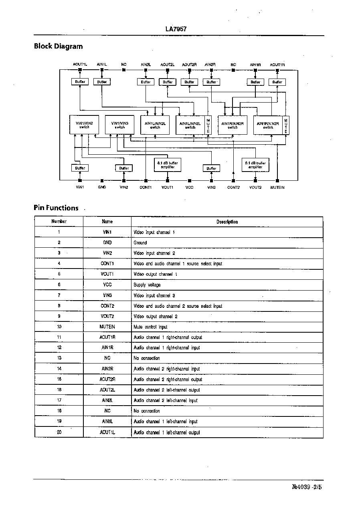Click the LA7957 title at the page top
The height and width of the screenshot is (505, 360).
pos(176,29)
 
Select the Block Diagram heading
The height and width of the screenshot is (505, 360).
pos(58,46)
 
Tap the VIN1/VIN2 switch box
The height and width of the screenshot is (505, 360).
pos(84,125)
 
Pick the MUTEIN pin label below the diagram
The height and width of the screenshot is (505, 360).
pos(277,187)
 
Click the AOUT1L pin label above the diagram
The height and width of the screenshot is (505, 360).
pos(80,64)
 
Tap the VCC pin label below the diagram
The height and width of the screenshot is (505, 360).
pos(190,187)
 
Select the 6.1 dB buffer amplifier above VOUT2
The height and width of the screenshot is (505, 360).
pos(255,165)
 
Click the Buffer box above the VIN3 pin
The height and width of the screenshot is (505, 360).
pos(211,168)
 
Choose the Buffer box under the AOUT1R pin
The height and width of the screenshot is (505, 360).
pos(277,82)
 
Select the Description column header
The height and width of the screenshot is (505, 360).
pos(227,222)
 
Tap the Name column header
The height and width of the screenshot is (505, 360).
pos(107,221)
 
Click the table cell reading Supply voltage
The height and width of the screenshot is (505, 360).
pos(147,285)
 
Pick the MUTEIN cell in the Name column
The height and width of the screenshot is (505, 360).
pos(107,327)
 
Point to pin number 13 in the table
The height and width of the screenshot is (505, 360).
pos(59,358)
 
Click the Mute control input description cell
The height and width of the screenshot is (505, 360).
pos(150,327)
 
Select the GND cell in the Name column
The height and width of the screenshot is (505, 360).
pos(107,242)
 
